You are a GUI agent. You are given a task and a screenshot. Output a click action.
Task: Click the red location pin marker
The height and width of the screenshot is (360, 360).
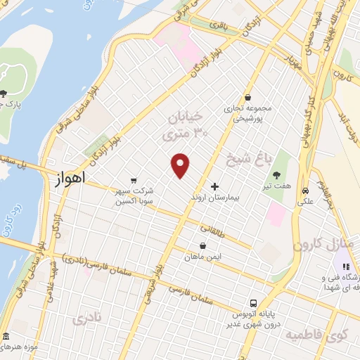(181, 165)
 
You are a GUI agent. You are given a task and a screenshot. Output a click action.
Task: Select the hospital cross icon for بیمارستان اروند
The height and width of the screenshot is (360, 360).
(215, 188)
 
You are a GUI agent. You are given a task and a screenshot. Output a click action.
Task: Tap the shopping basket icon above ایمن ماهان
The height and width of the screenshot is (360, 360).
(203, 246)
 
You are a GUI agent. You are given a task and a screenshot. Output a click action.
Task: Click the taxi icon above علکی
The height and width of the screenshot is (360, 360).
(306, 191)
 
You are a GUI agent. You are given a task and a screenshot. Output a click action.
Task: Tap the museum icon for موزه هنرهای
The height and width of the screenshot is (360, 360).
(6, 337)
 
